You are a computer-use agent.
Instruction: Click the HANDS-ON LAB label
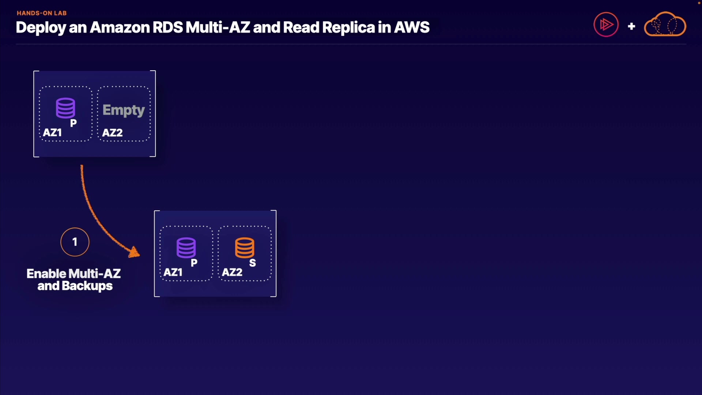[42, 13]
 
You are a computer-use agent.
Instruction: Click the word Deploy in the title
[41, 28]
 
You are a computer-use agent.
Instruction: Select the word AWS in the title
[412, 27]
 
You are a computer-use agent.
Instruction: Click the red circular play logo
[606, 25]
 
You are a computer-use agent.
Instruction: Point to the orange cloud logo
[665, 25]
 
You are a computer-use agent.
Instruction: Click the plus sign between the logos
[631, 26]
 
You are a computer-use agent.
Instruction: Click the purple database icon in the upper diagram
[65, 108]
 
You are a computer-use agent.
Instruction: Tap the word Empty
[124, 110]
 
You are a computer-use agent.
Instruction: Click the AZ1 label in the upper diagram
[52, 132]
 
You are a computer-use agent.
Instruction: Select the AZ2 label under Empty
[112, 133]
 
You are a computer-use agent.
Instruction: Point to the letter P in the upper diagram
[73, 123]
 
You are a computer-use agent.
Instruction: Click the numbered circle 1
[75, 242]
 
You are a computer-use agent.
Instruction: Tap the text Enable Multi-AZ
[73, 274]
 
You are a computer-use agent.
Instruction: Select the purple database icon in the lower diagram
[186, 248]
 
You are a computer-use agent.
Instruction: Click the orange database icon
[245, 248]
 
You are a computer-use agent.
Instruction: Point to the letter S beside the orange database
[253, 263]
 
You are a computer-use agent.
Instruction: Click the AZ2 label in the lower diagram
[232, 272]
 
